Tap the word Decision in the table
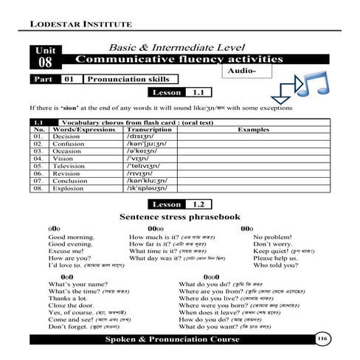click(66, 136)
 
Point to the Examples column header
click(253, 128)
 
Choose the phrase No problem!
click(273, 238)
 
